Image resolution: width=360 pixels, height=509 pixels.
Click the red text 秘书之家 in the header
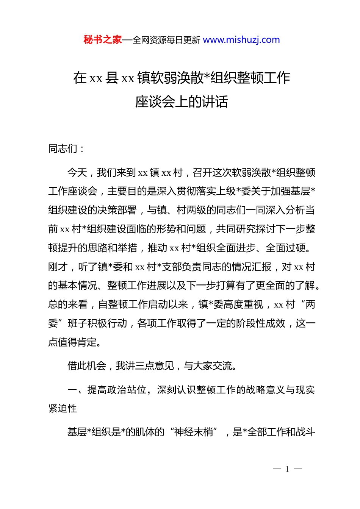click(x=103, y=40)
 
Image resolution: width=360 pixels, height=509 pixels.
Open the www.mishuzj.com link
click(x=241, y=40)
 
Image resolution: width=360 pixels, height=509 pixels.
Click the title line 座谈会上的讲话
click(x=182, y=101)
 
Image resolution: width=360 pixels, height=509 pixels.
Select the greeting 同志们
click(x=63, y=149)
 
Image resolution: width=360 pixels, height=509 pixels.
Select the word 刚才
click(x=58, y=267)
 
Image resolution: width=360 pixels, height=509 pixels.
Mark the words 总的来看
click(x=68, y=304)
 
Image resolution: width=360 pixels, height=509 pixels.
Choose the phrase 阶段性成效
click(x=261, y=323)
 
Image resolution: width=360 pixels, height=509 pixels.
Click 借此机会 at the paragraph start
click(x=87, y=366)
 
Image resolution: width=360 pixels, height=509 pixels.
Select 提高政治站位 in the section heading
click(x=117, y=390)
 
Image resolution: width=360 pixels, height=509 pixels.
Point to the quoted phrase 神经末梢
click(x=193, y=432)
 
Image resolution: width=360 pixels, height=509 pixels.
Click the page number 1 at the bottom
click(x=287, y=469)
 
